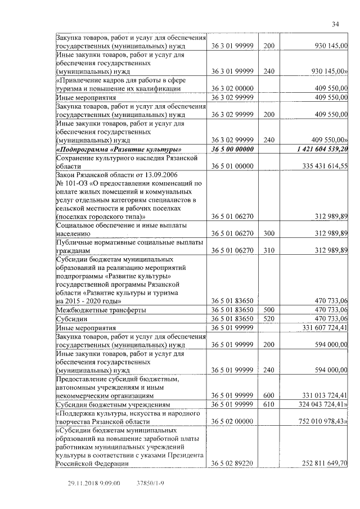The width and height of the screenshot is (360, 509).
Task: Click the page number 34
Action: [x=335, y=24]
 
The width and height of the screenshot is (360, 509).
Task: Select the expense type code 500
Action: [x=269, y=310]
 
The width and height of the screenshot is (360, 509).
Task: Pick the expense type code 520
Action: [x=269, y=318]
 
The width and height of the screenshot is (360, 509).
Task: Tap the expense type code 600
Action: [x=269, y=395]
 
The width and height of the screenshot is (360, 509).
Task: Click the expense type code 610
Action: [x=269, y=404]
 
